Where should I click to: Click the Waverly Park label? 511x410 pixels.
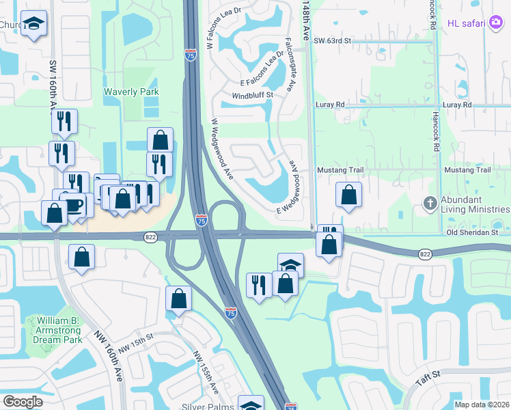point(131,92)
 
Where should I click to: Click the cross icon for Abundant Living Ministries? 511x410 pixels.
point(430,203)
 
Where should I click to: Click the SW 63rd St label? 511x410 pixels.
point(332,41)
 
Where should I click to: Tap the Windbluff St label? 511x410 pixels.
point(252,95)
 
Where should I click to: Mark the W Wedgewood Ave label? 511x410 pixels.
point(223,149)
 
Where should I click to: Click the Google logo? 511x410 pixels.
point(23,402)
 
